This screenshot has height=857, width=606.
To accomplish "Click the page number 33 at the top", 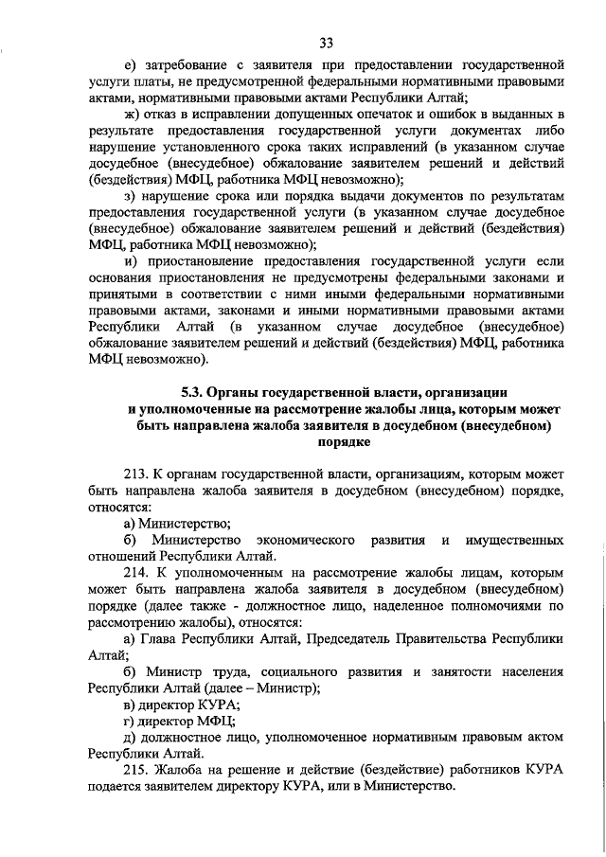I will coord(327,43).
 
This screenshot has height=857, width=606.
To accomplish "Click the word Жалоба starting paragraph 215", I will coord(189,772).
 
